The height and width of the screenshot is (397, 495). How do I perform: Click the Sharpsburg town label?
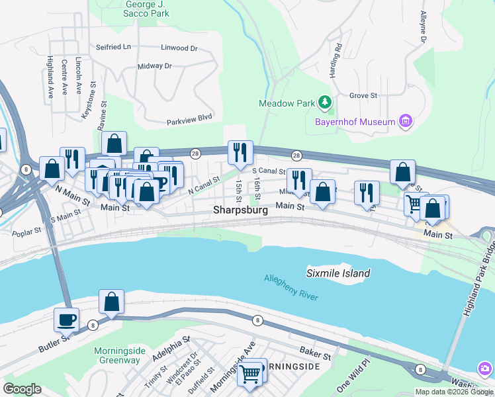240,210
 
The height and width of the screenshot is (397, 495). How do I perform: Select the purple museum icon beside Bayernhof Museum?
406,121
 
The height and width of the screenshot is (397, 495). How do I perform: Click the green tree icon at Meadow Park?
325,102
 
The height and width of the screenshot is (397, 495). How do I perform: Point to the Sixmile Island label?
338,273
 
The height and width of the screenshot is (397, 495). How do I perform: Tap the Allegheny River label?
291,288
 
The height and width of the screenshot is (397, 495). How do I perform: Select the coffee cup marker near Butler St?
66,320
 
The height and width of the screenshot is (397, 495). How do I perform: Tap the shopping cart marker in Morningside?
251,373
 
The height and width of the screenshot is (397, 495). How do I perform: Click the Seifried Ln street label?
113,48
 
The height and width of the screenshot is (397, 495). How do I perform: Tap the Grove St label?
363,95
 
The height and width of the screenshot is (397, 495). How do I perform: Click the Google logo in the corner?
22,389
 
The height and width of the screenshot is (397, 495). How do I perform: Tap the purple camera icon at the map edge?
485,368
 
